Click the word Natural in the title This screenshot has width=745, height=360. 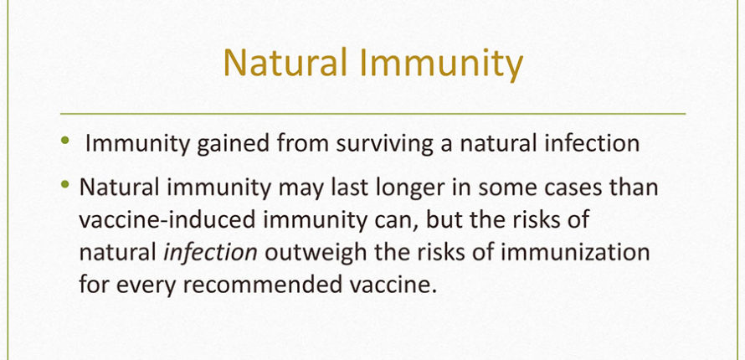[x=285, y=63]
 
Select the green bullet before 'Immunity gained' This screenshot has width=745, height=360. [x=65, y=140]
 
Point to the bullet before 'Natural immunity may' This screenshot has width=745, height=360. [x=65, y=184]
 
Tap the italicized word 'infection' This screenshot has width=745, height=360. [x=210, y=252]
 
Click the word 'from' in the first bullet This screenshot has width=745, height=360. [x=303, y=143]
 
